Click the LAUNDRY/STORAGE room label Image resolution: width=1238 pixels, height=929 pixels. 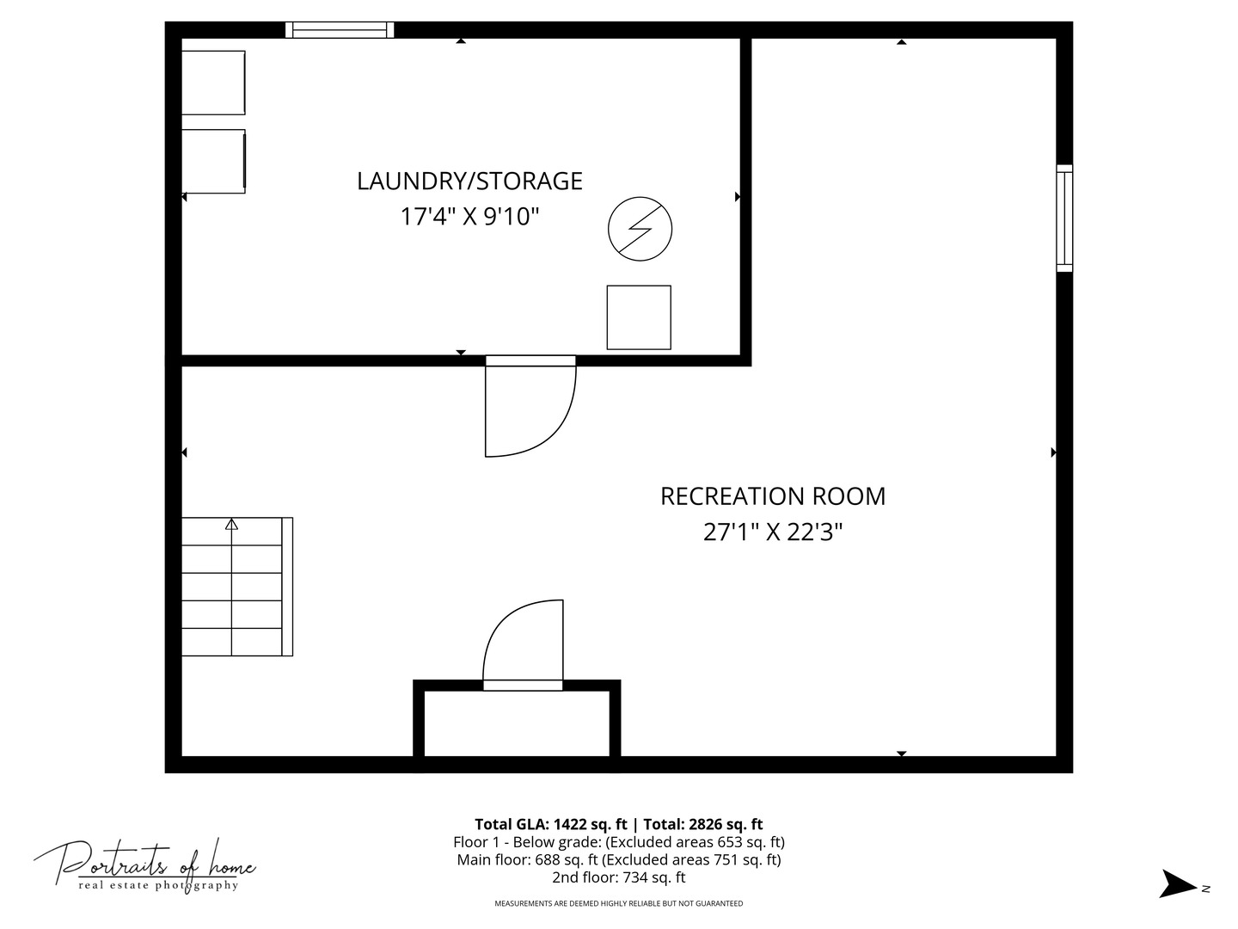(469, 181)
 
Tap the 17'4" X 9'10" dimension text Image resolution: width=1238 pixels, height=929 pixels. (469, 216)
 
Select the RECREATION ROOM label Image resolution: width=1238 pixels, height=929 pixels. (773, 496)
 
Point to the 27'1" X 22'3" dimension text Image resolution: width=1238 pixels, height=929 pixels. (773, 532)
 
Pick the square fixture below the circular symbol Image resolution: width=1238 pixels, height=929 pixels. (639, 317)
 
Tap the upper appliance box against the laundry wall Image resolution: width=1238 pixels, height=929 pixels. (213, 83)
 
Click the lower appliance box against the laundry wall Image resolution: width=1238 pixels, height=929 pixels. (213, 162)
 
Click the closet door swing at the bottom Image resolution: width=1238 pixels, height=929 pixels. (496, 626)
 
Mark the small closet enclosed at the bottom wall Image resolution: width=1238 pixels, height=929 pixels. (517, 723)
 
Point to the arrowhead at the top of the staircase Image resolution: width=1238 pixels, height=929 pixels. (231, 524)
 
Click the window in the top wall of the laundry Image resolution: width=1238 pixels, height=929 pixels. (340, 30)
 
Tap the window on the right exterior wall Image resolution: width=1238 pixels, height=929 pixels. (1064, 218)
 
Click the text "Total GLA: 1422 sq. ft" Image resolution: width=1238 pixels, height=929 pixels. (550, 825)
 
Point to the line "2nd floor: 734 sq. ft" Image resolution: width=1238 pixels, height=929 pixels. (619, 877)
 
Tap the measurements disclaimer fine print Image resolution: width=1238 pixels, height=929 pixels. (619, 903)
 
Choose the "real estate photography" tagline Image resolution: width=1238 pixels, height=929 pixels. (158, 886)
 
